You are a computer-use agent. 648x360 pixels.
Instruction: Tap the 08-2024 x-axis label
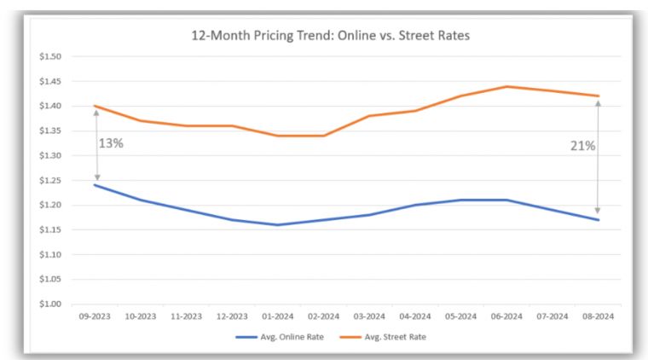coord(598,316)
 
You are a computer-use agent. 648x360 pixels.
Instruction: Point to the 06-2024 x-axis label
coord(506,316)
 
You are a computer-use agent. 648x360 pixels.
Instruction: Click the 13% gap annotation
coord(112,143)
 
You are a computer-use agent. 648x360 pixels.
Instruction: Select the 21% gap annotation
coord(582,146)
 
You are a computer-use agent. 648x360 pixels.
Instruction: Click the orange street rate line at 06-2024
coord(506,86)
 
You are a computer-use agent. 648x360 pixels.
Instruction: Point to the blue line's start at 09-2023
coord(95,185)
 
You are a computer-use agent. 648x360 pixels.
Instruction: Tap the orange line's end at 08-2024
coord(598,96)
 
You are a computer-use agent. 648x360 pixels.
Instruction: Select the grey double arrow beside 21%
coord(598,157)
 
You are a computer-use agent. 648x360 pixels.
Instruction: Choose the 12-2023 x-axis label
coord(232,316)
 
